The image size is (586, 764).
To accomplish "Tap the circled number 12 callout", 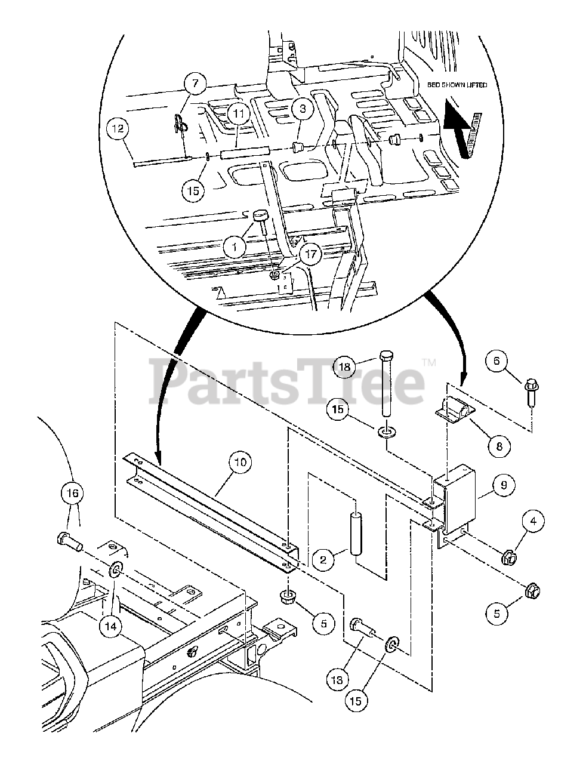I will coord(118,127).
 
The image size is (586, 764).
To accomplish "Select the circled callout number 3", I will coord(303,109).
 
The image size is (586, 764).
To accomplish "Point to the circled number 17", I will coord(310,254).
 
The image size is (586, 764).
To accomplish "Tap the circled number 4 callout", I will coord(533,521).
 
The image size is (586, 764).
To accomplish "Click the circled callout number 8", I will coord(499,445).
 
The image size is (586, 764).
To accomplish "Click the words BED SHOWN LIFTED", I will coord(457,85).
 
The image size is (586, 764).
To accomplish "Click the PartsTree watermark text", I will coord(286,380).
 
